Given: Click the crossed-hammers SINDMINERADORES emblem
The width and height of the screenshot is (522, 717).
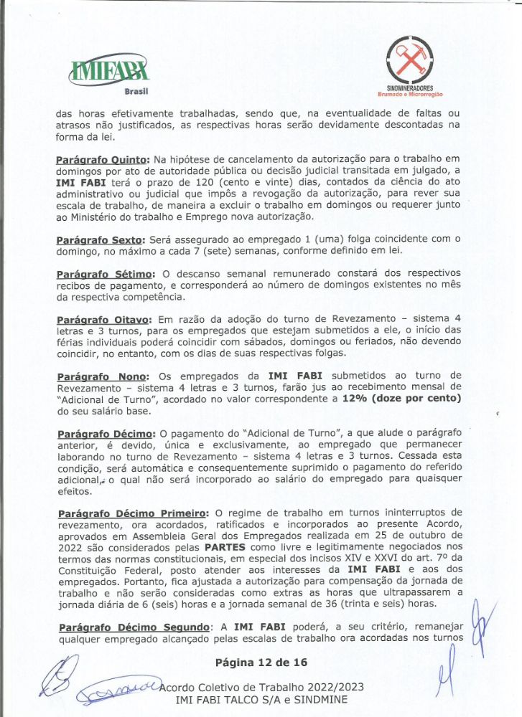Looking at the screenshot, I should pyautogui.click(x=409, y=57).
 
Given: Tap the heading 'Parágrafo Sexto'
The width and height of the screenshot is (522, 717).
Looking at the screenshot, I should pyautogui.click(x=100, y=239).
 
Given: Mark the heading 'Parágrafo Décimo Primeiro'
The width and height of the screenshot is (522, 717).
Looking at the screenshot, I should pyautogui.click(x=132, y=513).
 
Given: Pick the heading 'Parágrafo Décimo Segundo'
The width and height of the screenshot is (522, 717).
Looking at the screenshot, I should pyautogui.click(x=134, y=627).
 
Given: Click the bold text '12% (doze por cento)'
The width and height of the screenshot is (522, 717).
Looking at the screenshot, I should pyautogui.click(x=402, y=398).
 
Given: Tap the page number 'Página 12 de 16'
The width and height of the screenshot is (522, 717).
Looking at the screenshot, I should pyautogui.click(x=261, y=662).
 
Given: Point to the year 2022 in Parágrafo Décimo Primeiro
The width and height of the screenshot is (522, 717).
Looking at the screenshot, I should pyautogui.click(x=70, y=547).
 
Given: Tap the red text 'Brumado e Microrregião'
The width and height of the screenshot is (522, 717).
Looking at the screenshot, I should pyautogui.click(x=410, y=95).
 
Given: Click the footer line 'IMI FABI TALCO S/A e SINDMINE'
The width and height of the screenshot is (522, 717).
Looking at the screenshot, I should pyautogui.click(x=261, y=699).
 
